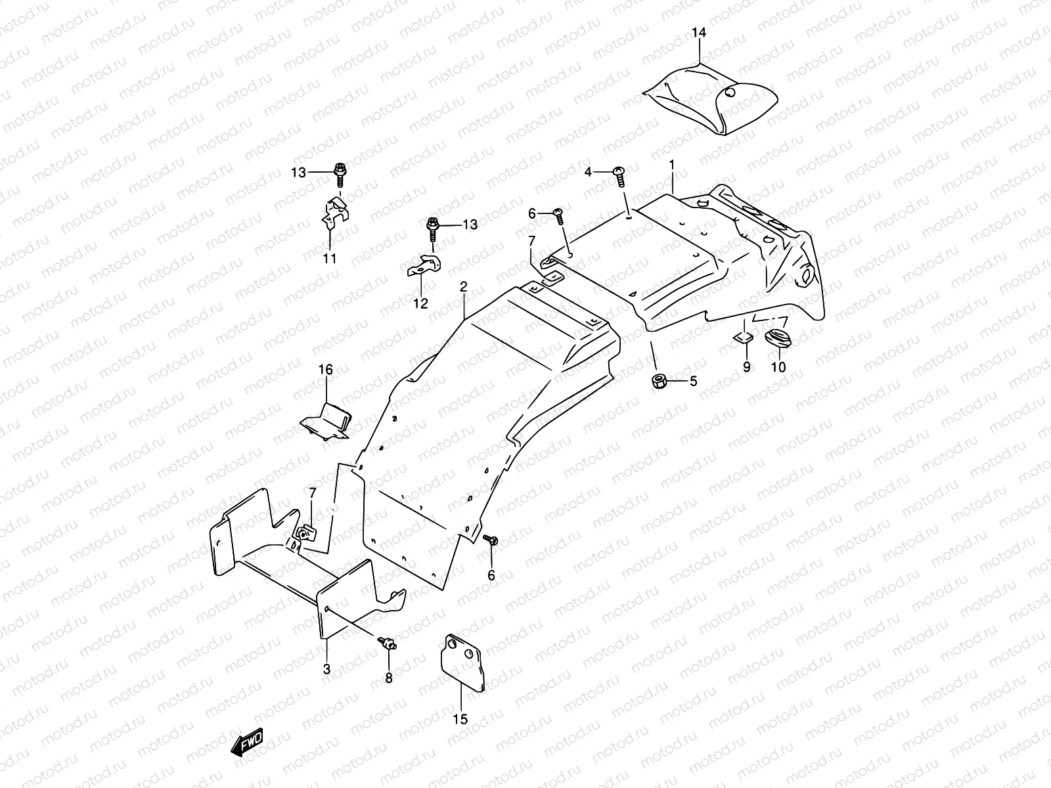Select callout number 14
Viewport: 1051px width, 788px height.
(699, 32)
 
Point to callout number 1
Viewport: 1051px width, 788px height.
(672, 164)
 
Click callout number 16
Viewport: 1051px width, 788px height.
(326, 370)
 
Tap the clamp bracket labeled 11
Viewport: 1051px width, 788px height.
(333, 211)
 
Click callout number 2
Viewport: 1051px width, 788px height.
(463, 286)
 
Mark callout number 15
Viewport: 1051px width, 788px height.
(460, 719)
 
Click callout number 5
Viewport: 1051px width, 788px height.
(692, 381)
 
